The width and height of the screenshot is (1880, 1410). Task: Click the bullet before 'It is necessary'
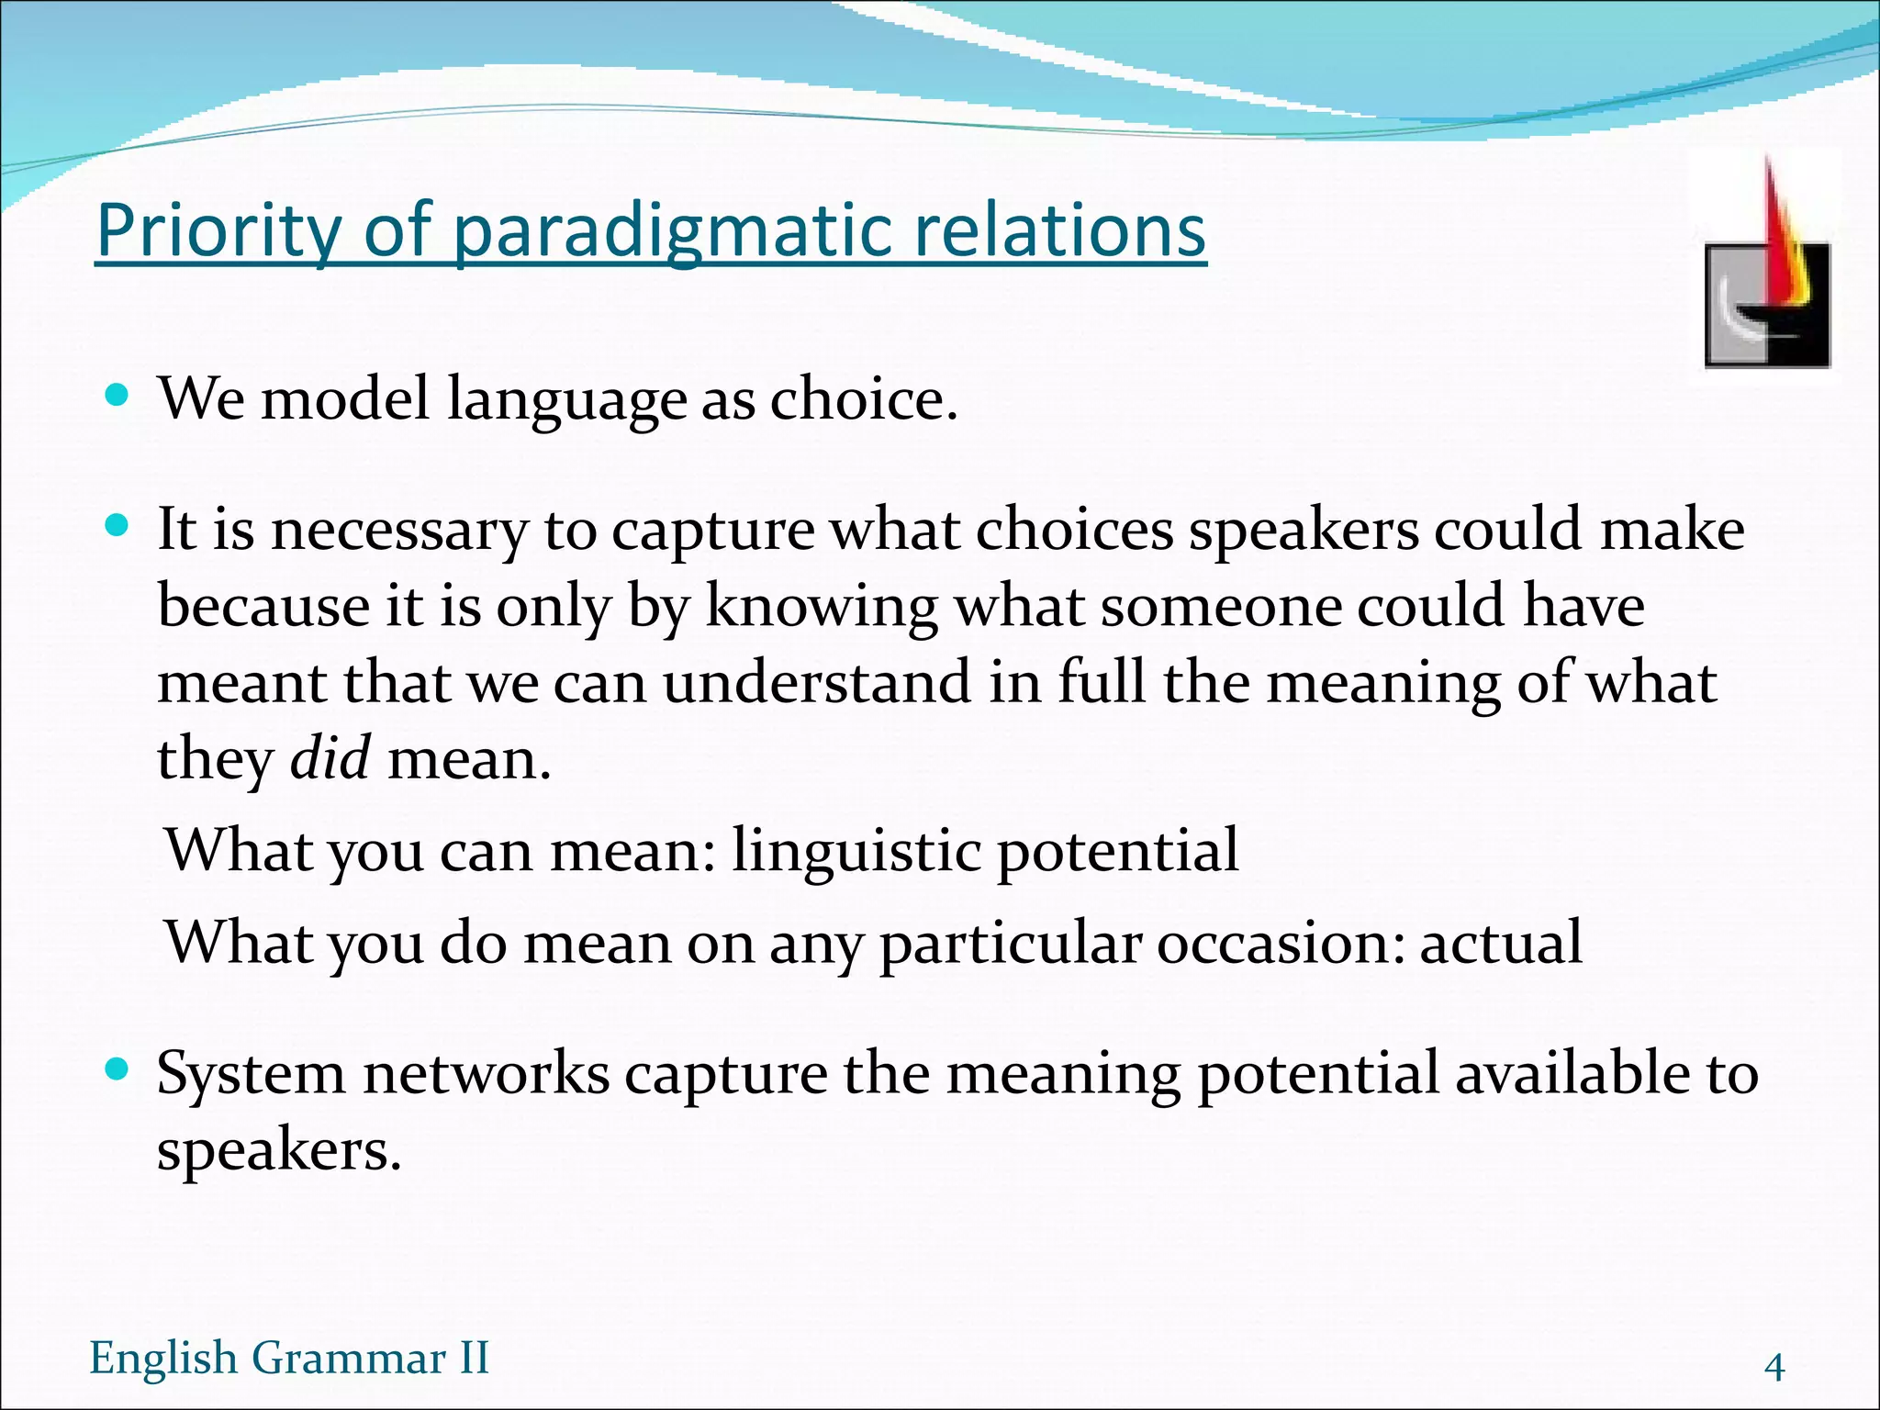pyautogui.click(x=117, y=527)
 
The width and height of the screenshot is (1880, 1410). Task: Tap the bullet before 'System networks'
pyautogui.click(x=117, y=1070)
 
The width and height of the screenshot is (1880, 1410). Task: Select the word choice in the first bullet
pyautogui.click(x=863, y=399)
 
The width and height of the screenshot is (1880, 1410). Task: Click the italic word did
pyautogui.click(x=330, y=759)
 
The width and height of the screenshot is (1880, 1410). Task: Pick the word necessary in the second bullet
pyautogui.click(x=399, y=531)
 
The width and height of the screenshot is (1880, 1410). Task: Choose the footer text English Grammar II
pyautogui.click(x=289, y=1358)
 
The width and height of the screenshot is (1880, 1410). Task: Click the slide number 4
pyautogui.click(x=1774, y=1368)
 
